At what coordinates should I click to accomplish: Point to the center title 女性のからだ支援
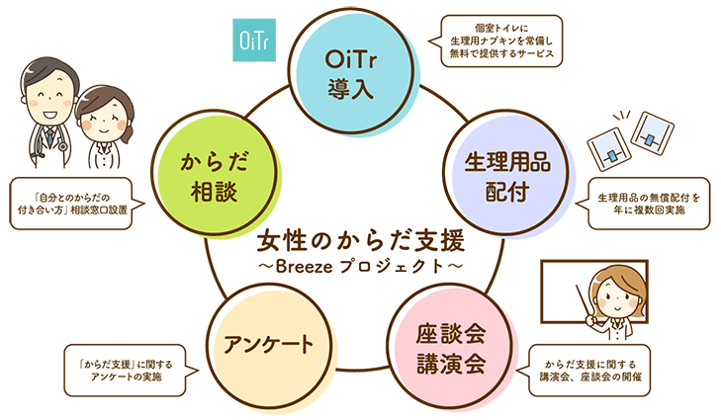pos(360,241)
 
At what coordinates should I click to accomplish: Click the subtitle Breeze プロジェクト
pos(360,266)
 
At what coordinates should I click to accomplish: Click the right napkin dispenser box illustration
pos(650,133)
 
